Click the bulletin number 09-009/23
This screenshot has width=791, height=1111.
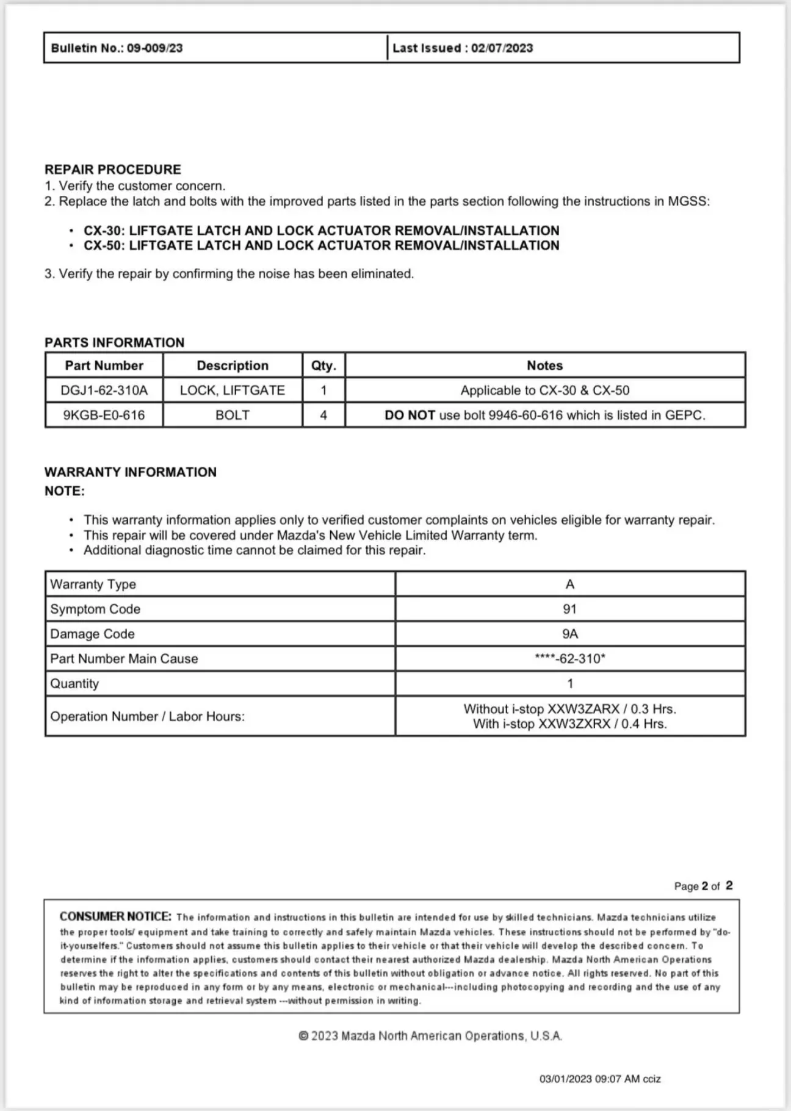154,48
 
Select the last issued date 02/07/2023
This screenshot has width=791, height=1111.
502,48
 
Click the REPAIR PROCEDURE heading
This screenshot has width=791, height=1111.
113,170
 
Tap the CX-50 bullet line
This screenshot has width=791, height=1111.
321,246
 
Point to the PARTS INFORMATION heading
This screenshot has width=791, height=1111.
114,343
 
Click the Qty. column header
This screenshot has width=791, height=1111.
323,365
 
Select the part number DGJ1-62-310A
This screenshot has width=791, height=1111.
104,390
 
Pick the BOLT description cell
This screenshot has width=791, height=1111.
233,415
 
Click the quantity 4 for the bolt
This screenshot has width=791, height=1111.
323,415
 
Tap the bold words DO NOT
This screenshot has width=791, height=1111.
410,415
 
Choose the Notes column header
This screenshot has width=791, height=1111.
544,365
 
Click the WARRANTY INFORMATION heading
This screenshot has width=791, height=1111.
131,472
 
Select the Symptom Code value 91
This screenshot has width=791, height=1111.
569,609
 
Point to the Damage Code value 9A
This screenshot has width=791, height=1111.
569,634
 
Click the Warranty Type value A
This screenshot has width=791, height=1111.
569,584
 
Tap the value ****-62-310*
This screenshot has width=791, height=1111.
569,659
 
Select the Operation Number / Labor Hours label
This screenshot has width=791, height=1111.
147,716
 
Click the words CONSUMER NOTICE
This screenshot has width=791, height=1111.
115,916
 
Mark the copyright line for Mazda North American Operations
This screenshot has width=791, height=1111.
430,1036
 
